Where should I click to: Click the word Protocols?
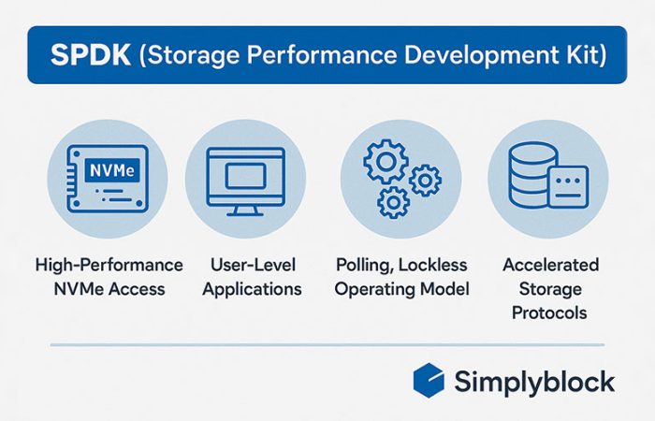tap(548, 312)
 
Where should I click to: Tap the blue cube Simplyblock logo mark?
tap(430, 381)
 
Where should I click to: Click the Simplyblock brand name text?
tap(534, 382)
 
